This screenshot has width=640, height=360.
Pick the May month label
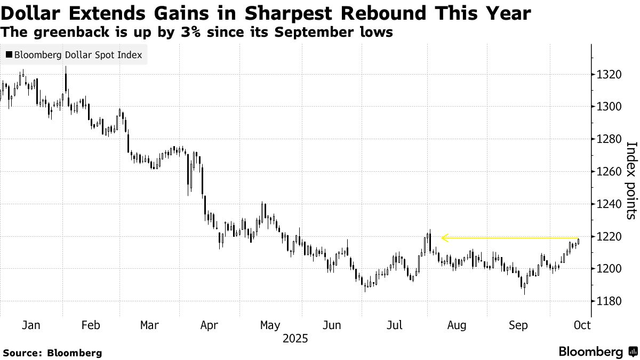270,325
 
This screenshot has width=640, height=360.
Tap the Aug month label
457,325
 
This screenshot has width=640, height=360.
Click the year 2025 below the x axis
295,339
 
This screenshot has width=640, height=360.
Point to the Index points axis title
631,180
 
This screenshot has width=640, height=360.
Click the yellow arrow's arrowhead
444,238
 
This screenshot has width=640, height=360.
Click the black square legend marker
9,55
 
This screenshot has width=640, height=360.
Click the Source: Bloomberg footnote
52,353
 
